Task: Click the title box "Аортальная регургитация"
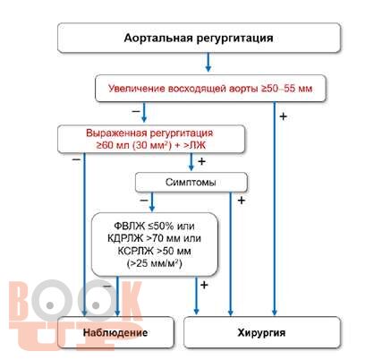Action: point(199,38)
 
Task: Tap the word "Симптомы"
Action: point(191,182)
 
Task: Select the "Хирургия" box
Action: point(262,332)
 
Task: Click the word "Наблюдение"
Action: point(115,332)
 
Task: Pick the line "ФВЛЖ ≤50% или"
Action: point(154,226)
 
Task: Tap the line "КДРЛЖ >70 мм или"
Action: point(154,238)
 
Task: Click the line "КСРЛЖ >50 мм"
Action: point(154,251)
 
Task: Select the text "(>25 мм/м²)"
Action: point(154,263)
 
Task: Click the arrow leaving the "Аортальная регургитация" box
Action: point(208,62)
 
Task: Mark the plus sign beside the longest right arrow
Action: point(283,116)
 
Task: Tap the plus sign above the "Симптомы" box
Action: point(202,161)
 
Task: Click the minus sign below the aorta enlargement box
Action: point(136,111)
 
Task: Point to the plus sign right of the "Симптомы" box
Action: point(242,201)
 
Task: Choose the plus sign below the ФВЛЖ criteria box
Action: point(204,285)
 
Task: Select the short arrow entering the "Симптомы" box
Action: point(191,162)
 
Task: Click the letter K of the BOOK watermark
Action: point(128,301)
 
